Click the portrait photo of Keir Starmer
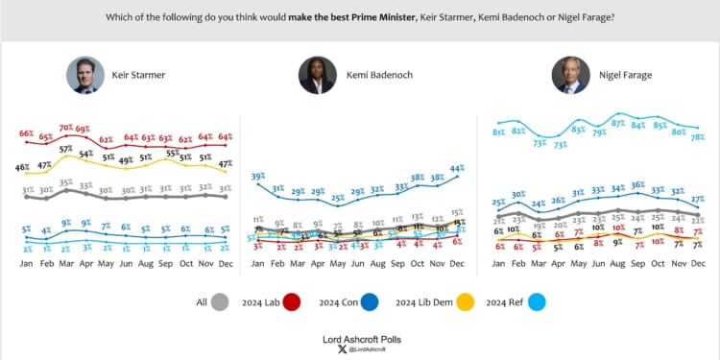coord(84,75)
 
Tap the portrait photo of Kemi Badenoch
coord(318,75)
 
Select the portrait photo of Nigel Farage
coord(570,75)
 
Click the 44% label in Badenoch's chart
coord(457,168)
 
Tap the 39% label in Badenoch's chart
coord(258,177)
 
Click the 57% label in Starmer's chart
coord(65,149)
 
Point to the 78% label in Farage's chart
coord(699,137)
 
